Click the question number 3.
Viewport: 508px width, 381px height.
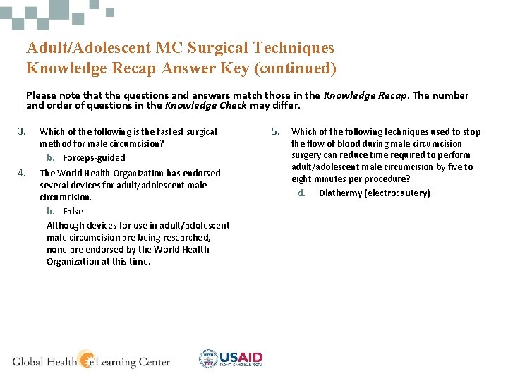pos(22,131)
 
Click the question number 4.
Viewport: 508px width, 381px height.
pos(22,173)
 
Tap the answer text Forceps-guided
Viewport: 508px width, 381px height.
pos(94,157)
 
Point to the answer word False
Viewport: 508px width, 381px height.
pos(73,211)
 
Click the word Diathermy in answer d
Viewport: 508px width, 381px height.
pos(340,193)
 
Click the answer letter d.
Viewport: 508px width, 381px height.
pos(301,193)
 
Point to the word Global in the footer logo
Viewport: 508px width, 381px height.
pos(28,362)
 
